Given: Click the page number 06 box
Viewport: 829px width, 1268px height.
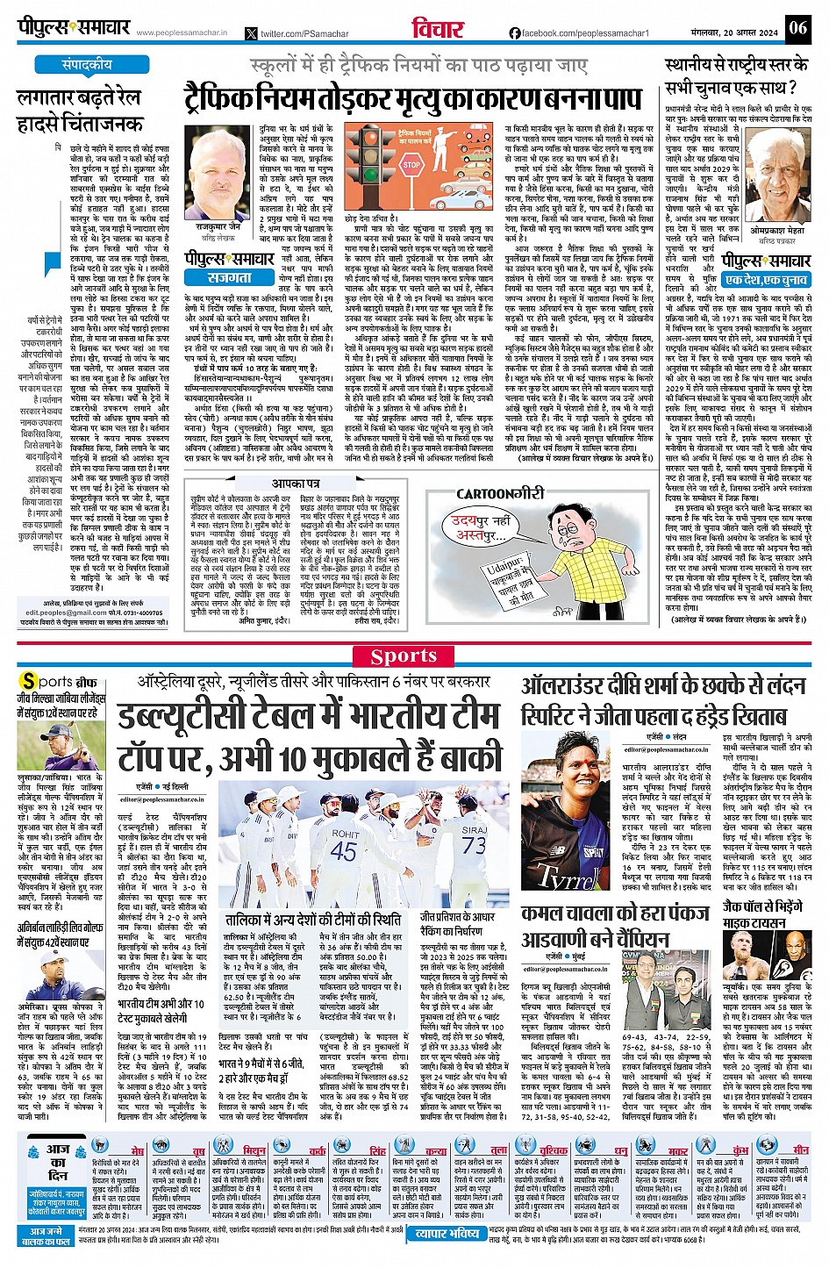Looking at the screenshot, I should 797,28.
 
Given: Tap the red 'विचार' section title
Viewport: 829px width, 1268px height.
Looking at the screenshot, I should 439,29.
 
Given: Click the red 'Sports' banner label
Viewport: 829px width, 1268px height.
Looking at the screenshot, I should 404,656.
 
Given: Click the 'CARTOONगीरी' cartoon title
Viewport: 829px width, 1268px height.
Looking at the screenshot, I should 497,494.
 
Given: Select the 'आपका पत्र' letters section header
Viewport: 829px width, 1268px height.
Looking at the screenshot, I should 296,484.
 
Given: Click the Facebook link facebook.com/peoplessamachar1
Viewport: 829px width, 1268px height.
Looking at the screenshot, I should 578,33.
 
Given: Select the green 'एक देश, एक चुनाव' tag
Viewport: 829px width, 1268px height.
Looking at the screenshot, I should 767,279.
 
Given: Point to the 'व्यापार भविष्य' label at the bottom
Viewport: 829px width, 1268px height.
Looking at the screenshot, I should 447,1234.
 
